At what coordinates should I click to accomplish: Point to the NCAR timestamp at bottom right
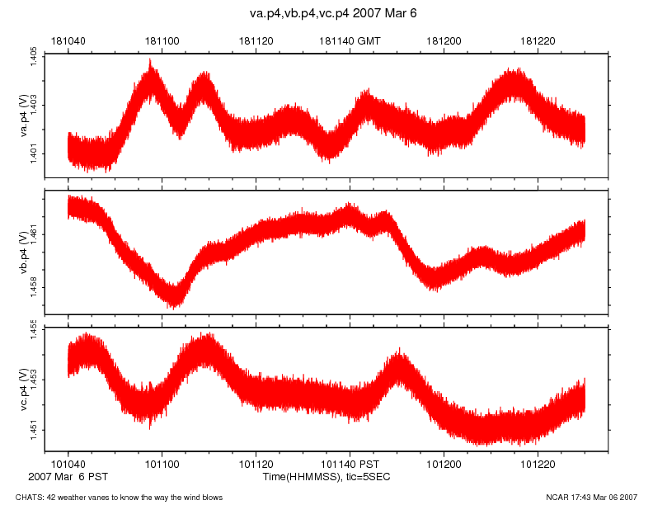pyautogui.click(x=591, y=497)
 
